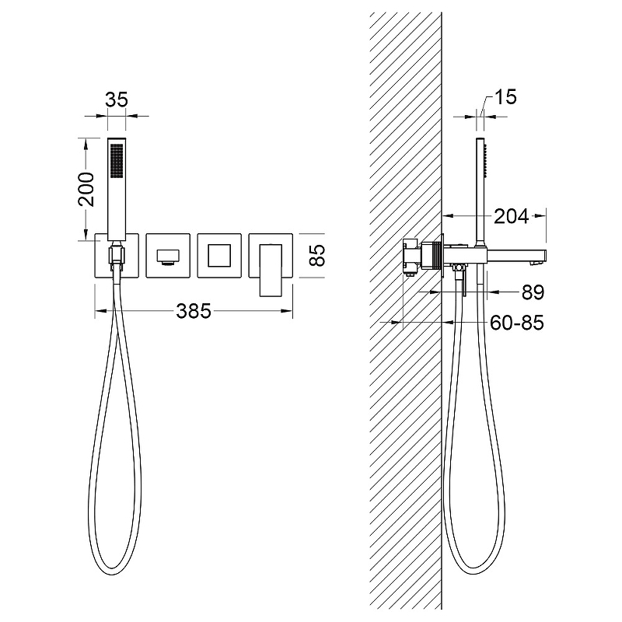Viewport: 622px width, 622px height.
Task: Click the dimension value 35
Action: [x=117, y=100]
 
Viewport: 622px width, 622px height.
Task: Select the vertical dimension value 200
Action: [x=86, y=189]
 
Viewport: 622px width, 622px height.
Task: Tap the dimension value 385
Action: [x=194, y=311]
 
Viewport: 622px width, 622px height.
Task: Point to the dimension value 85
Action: [x=317, y=255]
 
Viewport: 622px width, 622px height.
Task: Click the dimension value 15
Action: [x=505, y=96]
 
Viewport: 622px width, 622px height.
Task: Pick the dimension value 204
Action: [x=512, y=217]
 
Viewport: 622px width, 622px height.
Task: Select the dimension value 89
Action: [x=533, y=292]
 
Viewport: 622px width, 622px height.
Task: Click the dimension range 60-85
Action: [x=517, y=323]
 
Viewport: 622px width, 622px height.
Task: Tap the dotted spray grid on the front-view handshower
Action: [x=117, y=160]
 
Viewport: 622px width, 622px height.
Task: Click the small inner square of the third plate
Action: [x=219, y=256]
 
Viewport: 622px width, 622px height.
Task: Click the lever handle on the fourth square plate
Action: [x=271, y=270]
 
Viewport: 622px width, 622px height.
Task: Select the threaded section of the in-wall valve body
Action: [x=439, y=256]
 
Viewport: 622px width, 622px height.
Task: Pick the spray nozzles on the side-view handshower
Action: [x=485, y=160]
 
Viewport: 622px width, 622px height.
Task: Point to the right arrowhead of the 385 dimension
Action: [x=287, y=311]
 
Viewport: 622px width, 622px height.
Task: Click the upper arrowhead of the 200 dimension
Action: [x=85, y=144]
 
